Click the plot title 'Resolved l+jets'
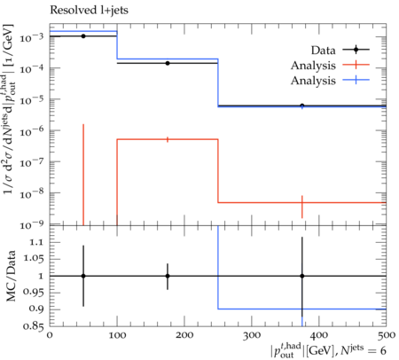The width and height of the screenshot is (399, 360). click(x=89, y=11)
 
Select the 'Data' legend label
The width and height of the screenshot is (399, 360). click(x=323, y=50)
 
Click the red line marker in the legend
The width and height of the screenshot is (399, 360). click(x=356, y=65)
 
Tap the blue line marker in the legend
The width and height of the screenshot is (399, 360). click(x=356, y=80)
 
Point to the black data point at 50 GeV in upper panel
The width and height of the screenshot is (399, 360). click(x=83, y=36)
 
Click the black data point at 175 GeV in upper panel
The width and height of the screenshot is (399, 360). click(x=168, y=63)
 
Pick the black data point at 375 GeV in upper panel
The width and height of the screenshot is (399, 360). click(x=302, y=106)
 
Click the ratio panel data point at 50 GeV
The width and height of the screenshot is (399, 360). click(x=83, y=276)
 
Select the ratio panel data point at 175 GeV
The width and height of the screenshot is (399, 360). click(x=168, y=276)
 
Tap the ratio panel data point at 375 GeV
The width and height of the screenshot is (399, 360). click(x=302, y=276)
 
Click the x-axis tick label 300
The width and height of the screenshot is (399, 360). click(x=252, y=335)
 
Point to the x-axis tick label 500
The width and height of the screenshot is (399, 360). click(x=387, y=335)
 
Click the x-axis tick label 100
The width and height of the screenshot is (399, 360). click(x=117, y=335)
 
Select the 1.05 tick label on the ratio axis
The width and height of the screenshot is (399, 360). click(x=33, y=259)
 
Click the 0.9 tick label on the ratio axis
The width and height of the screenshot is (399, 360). click(x=36, y=309)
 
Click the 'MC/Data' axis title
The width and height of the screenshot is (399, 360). click(x=11, y=276)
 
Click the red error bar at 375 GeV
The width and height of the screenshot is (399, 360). click(x=302, y=207)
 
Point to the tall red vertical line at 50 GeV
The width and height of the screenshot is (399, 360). click(x=83, y=175)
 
